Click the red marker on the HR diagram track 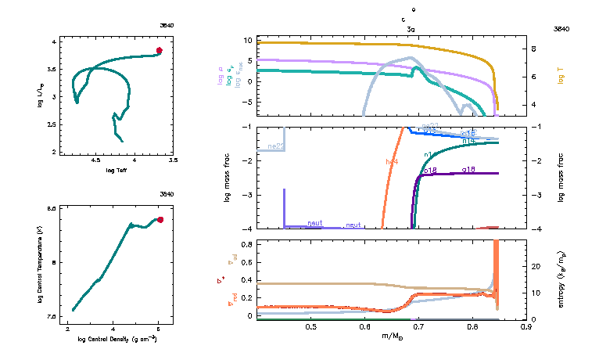coord(160,51)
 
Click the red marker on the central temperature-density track coord(160,220)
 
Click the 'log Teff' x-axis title coord(117,170)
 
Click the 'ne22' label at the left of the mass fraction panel coord(275,146)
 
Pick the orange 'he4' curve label coord(392,161)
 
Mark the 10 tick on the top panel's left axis coord(248,40)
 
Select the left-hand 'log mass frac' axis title coord(228,178)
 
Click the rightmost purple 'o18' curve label coord(469,169)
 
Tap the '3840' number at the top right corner coord(561,28)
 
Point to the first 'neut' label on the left coord(315,223)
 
